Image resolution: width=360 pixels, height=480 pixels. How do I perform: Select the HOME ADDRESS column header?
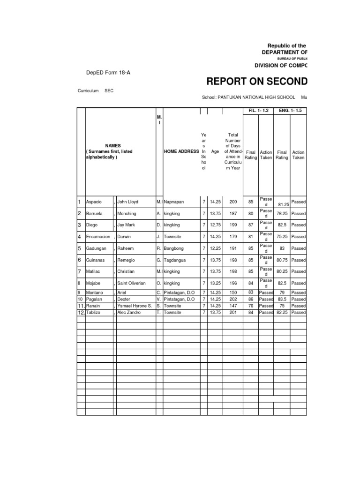[x=181, y=152]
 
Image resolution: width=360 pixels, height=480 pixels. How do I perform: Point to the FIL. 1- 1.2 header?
[x=258, y=111]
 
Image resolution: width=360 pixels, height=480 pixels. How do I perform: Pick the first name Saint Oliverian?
[x=131, y=283]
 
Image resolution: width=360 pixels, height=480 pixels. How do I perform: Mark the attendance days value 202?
[x=233, y=299]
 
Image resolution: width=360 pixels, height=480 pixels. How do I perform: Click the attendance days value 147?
[x=233, y=305]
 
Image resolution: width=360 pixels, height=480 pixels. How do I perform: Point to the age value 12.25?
[x=215, y=248]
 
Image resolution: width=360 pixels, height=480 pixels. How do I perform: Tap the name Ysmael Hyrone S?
[x=134, y=305]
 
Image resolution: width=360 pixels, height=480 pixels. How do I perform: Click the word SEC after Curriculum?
[x=109, y=90]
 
